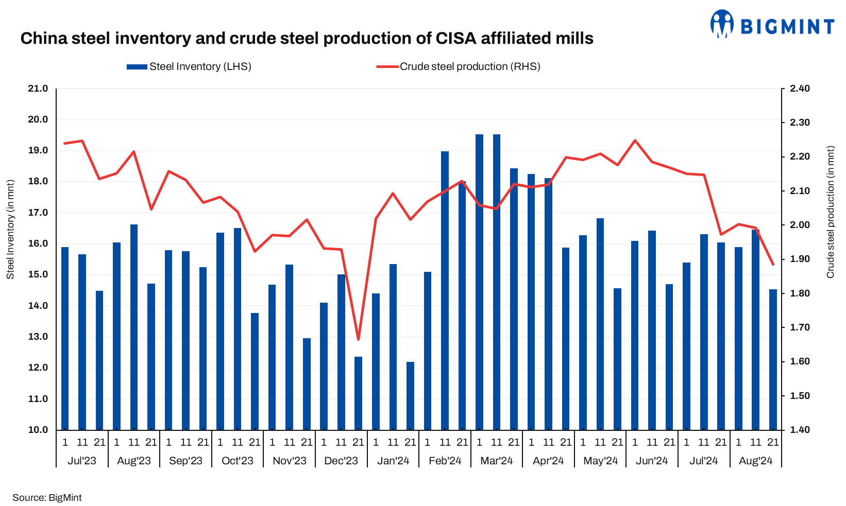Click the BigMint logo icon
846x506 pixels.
(722, 24)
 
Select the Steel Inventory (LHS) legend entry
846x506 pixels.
(189, 66)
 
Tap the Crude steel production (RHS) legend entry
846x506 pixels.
(459, 66)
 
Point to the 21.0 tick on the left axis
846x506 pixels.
(38, 89)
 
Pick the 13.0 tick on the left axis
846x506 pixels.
(38, 337)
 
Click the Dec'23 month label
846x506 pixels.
(341, 461)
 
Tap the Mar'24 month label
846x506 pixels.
(496, 461)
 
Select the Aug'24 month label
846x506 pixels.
(755, 461)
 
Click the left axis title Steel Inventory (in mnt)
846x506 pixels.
(10, 229)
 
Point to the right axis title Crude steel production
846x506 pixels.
(830, 212)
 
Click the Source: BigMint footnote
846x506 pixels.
(47, 498)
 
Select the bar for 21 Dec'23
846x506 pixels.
(358, 393)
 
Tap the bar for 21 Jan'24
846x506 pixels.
(410, 396)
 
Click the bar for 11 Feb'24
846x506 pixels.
(445, 291)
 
